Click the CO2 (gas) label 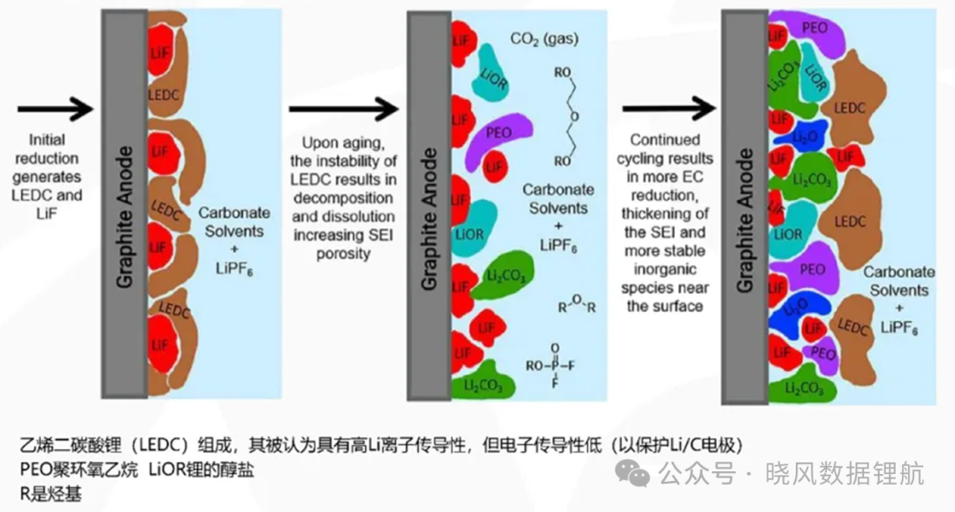point(544,39)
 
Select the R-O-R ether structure point(577,304)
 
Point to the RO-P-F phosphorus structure point(550,366)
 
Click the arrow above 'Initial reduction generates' point(56,109)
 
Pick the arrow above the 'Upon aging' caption point(343,110)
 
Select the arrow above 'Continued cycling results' point(668,109)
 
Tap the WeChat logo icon point(632,473)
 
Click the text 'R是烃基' point(50,493)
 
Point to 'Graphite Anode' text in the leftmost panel point(125,217)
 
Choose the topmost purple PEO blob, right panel point(809,30)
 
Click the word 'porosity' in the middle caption point(343,254)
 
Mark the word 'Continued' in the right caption point(664,140)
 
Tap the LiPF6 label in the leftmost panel point(233,269)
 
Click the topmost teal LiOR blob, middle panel point(493,73)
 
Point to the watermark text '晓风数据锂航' point(844,474)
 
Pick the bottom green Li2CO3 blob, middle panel point(485,381)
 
